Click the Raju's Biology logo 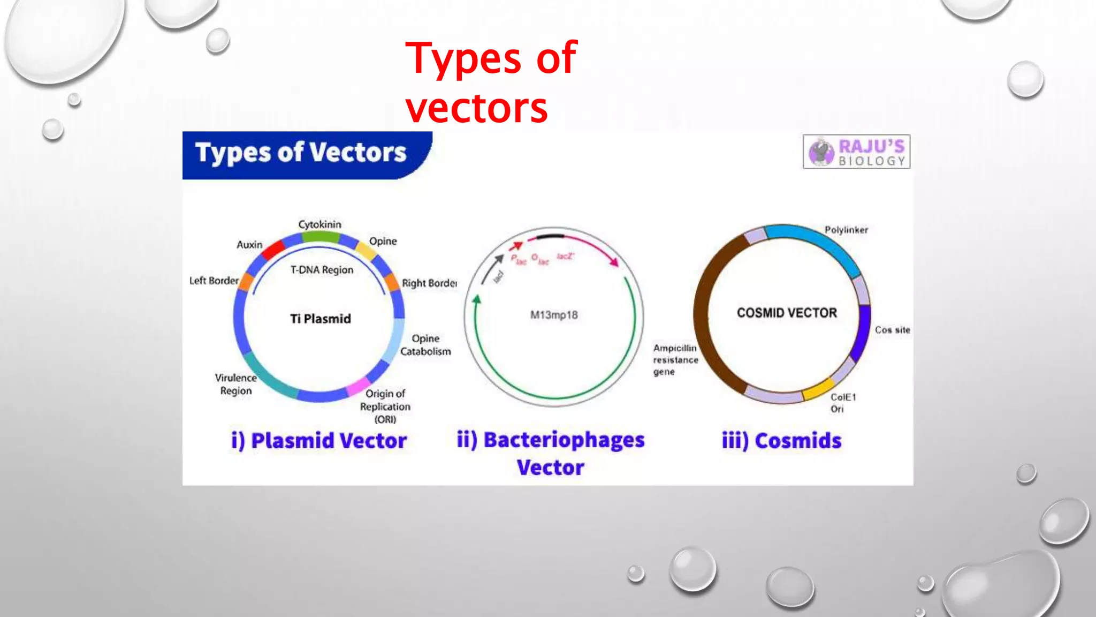[856, 152]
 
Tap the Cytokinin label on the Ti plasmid [319, 224]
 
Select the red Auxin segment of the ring [273, 250]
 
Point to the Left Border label [214, 280]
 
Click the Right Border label [429, 283]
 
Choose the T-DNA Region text [322, 270]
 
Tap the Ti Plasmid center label [321, 319]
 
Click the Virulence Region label [235, 384]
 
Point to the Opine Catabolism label [425, 345]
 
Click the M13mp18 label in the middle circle [554, 315]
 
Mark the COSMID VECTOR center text [786, 313]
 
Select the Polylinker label [846, 230]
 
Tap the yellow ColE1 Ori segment [818, 389]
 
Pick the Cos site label [892, 330]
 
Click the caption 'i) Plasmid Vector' [318, 441]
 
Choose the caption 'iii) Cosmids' [781, 441]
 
